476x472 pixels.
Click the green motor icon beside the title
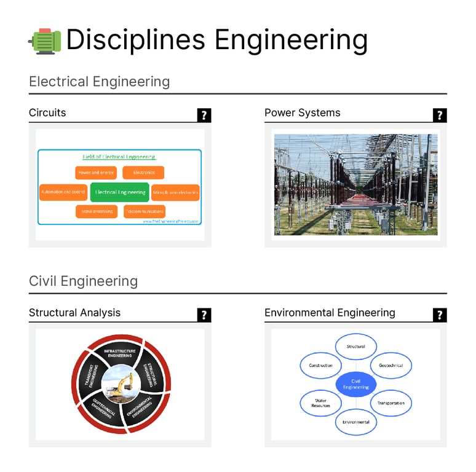tap(44, 41)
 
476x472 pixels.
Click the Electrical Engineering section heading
tap(99, 81)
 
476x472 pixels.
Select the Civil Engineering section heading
tap(83, 281)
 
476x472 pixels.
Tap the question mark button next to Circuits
tap(204, 115)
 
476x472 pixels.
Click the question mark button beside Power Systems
tap(440, 115)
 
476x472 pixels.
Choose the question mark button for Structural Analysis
tap(204, 315)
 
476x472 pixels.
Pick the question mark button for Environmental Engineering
tap(440, 315)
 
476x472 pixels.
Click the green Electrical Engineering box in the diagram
tap(120, 192)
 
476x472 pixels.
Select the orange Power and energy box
tap(96, 173)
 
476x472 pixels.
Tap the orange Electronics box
tap(143, 173)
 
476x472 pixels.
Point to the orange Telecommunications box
tap(145, 211)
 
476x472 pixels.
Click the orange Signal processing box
tap(96, 211)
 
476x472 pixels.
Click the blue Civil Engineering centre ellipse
tap(355, 385)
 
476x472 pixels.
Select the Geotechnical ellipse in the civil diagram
tap(391, 365)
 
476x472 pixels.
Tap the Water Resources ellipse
tap(320, 403)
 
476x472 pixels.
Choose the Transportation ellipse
tap(391, 403)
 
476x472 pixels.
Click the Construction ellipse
tap(320, 365)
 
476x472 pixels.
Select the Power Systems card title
tap(302, 112)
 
